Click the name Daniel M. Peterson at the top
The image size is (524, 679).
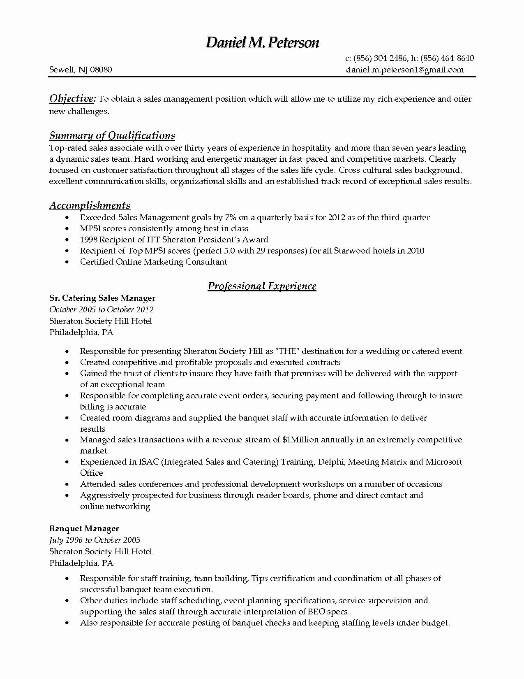tap(262, 42)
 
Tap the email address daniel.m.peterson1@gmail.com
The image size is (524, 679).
tap(405, 70)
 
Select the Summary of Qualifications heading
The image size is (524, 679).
tap(112, 135)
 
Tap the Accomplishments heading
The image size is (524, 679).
tap(90, 205)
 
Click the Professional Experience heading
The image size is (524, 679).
tap(262, 286)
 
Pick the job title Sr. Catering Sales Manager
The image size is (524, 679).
tap(102, 298)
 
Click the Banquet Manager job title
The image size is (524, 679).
tap(84, 528)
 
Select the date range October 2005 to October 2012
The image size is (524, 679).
tap(101, 309)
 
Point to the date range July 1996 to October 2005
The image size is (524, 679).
tap(95, 540)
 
